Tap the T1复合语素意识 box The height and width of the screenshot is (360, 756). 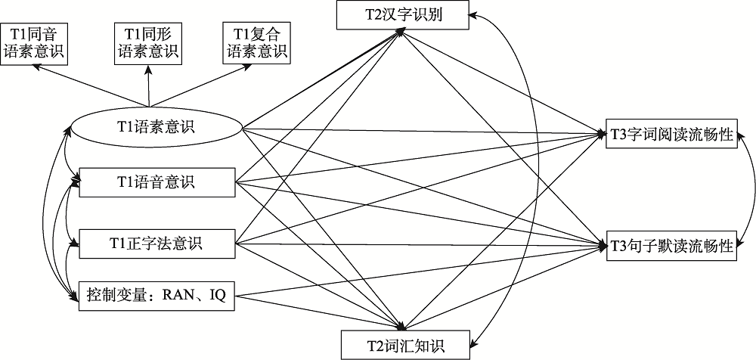[255, 42]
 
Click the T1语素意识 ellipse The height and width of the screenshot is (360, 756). [156, 127]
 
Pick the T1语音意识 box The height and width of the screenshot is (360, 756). [156, 182]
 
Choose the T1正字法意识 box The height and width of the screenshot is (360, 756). [156, 244]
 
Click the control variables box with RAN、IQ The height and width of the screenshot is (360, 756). [156, 296]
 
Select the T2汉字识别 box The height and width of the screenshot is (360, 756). [404, 15]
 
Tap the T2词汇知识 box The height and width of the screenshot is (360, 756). [404, 346]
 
